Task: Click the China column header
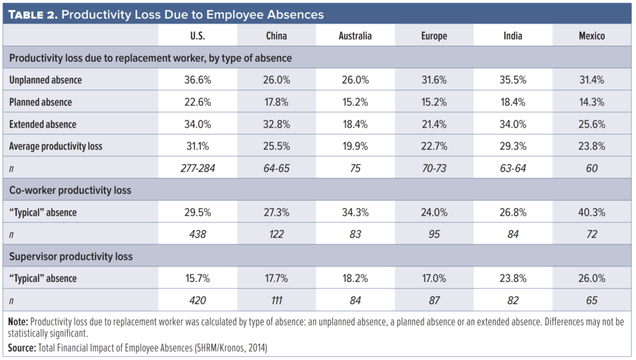coord(276,36)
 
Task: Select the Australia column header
coord(355,36)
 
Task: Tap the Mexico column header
coord(591,36)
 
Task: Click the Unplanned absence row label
coord(45,80)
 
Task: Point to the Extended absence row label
coord(43,124)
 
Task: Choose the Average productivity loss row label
coord(56,146)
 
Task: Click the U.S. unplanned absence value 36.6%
coord(198,80)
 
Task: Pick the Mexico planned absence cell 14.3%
coord(591,102)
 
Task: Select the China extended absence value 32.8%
coord(276,124)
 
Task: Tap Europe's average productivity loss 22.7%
coord(434,146)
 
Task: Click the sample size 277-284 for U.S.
coord(198,168)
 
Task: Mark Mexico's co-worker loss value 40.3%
coord(591,212)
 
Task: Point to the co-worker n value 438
coord(198,234)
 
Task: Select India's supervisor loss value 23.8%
coord(512,278)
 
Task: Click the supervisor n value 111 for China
coord(276,300)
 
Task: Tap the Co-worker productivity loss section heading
coord(70,191)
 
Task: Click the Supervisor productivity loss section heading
coord(71,256)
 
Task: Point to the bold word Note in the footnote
coord(19,322)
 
